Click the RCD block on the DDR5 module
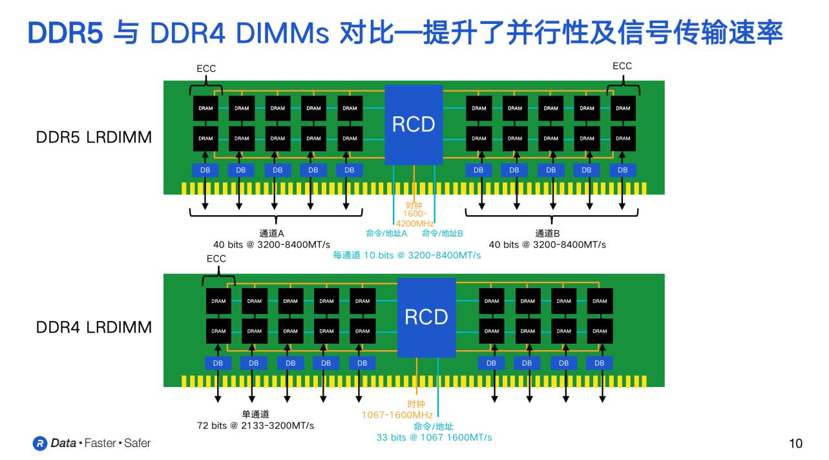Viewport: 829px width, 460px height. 414,124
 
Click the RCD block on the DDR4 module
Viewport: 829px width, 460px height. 426,317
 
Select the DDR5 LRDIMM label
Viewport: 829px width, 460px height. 94,137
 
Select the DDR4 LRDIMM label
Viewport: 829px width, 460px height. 94,327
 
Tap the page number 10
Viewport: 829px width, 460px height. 795,443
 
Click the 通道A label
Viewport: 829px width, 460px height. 272,233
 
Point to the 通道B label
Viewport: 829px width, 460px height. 547,233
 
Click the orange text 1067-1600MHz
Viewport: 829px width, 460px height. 397,415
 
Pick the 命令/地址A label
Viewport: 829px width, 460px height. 386,233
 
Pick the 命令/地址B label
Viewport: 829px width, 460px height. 443,233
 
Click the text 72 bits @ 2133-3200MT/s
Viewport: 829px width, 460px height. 255,426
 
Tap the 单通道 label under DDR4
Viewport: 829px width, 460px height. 255,414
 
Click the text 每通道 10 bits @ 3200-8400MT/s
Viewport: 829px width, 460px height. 407,255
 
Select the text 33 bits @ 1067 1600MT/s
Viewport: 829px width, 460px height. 434,437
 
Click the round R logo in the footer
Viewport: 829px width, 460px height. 40,443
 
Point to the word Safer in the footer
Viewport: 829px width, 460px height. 137,443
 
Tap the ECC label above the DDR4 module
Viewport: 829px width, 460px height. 216,258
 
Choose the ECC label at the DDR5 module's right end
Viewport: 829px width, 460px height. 622,66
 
